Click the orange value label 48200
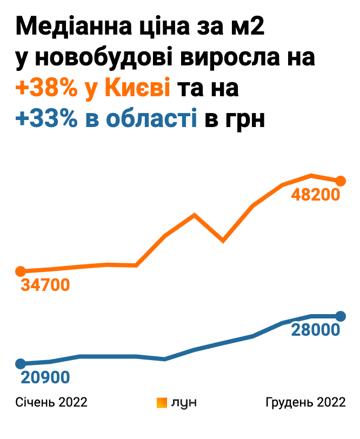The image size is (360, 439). tap(315, 195)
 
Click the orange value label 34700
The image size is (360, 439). tap(45, 284)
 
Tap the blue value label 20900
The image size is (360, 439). tap(45, 377)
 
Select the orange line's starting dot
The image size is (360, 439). tap(21, 271)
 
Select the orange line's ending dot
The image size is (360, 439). tap(341, 181)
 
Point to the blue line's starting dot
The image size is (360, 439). tap(21, 363)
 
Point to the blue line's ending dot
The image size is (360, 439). tap(341, 316)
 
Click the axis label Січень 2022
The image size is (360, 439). tap(51, 402)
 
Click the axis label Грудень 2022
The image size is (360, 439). tap(305, 402)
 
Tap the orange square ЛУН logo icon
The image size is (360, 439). tap(161, 403)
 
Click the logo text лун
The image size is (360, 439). tap(184, 403)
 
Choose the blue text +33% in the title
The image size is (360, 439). tap(47, 119)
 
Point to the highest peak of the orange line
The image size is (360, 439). tap(311, 175)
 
